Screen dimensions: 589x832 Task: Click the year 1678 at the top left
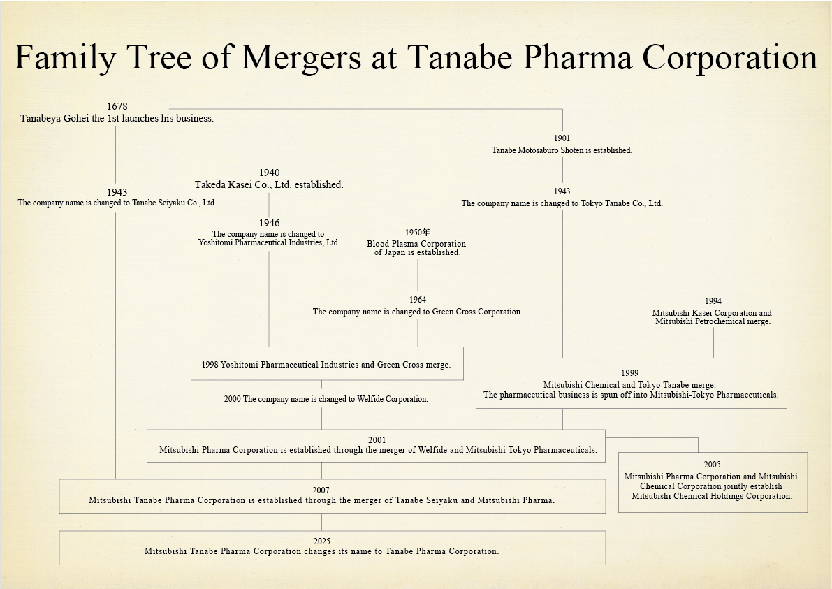pyautogui.click(x=117, y=106)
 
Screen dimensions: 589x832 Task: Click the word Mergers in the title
pyautogui.click(x=301, y=57)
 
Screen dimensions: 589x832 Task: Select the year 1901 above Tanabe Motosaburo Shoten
pyautogui.click(x=562, y=138)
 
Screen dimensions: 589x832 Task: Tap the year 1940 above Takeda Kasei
pyautogui.click(x=269, y=173)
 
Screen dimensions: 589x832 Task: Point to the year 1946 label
pyautogui.click(x=269, y=223)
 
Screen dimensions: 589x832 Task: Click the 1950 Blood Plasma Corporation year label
pyautogui.click(x=417, y=232)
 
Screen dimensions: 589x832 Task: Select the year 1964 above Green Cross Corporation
pyautogui.click(x=418, y=300)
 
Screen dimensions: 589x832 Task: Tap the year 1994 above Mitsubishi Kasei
pyautogui.click(x=713, y=301)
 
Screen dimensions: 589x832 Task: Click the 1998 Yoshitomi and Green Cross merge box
pyautogui.click(x=326, y=364)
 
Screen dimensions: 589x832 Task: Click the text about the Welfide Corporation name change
pyautogui.click(x=326, y=399)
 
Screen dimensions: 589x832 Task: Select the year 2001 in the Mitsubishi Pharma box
pyautogui.click(x=377, y=440)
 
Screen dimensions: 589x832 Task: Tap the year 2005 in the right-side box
pyautogui.click(x=712, y=465)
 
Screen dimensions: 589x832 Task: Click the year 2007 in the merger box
pyautogui.click(x=321, y=490)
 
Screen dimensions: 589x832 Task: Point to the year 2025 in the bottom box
pyautogui.click(x=321, y=541)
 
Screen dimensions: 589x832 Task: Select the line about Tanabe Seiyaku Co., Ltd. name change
pyautogui.click(x=117, y=203)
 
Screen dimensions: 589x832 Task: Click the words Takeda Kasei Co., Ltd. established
pyautogui.click(x=269, y=185)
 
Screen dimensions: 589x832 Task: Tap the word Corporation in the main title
pyautogui.click(x=729, y=57)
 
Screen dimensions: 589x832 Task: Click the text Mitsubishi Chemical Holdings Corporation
pyautogui.click(x=712, y=496)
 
